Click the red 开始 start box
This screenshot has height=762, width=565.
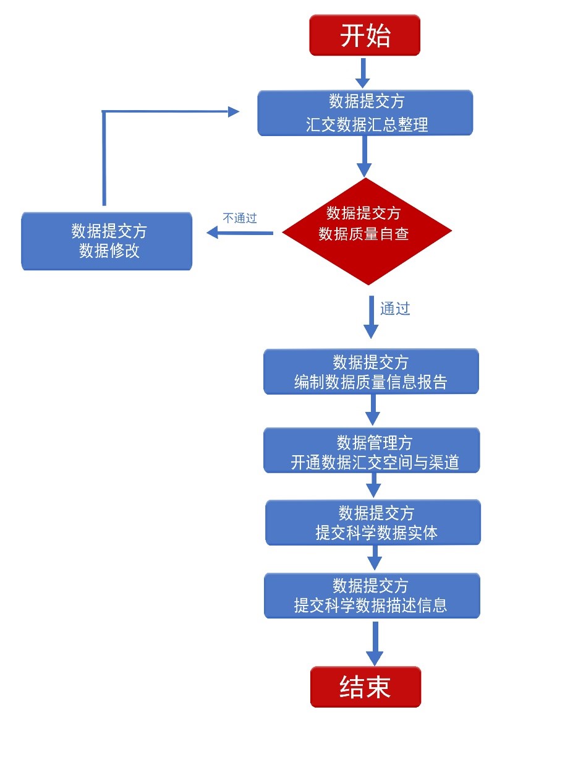click(x=365, y=36)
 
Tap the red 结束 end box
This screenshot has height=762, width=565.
click(x=365, y=687)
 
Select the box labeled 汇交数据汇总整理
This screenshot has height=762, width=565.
click(x=365, y=113)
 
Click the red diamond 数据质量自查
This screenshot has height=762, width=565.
click(x=367, y=231)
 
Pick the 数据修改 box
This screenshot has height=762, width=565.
click(x=107, y=241)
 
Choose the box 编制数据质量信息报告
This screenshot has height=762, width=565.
click(x=371, y=372)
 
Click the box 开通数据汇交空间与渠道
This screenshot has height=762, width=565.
click(x=372, y=450)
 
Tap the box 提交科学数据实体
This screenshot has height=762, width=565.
click(x=373, y=523)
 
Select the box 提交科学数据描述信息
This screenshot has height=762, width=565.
click(x=372, y=596)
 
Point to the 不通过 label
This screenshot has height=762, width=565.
click(x=240, y=218)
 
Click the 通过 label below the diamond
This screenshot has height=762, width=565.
click(x=395, y=309)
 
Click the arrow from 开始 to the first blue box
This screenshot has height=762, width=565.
click(x=363, y=73)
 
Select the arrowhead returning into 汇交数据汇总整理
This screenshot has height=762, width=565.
click(x=233, y=111)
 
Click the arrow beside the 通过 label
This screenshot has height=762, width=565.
click(x=371, y=317)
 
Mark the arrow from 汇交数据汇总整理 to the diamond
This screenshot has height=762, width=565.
click(x=365, y=156)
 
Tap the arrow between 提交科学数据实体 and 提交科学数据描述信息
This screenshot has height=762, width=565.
click(x=374, y=559)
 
